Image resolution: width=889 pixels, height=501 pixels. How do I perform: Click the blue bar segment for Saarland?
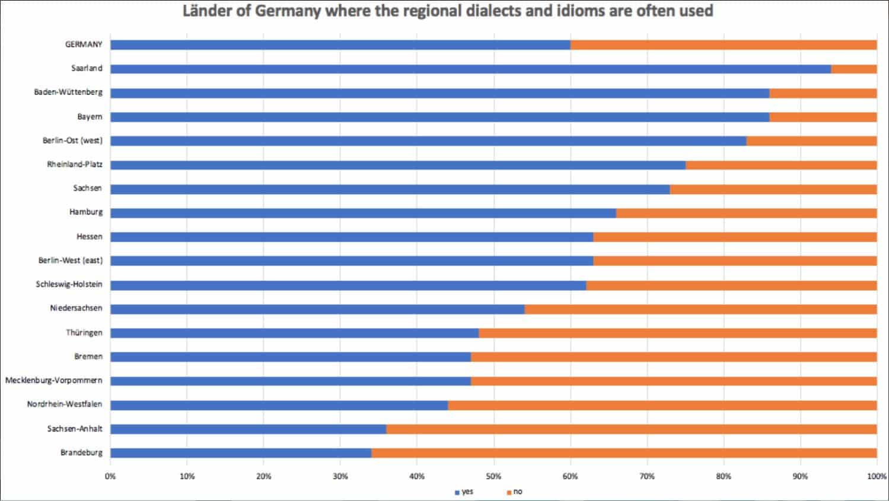pos(470,69)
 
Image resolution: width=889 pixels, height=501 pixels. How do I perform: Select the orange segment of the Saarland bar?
pos(853,69)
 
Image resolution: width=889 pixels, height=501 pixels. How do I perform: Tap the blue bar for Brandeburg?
pos(241,453)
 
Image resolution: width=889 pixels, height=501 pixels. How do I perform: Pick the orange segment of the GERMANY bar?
pos(724,45)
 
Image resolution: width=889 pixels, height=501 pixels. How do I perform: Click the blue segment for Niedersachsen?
pos(317,309)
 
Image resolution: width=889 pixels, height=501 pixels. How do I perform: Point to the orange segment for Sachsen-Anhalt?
pos(631,429)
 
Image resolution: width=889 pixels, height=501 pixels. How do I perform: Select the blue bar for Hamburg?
pos(363,213)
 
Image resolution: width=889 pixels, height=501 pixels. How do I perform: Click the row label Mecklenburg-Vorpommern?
pos(54,380)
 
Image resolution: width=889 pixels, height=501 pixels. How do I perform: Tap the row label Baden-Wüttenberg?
pos(68,93)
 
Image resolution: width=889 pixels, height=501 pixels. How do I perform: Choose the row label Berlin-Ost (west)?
pos(72,141)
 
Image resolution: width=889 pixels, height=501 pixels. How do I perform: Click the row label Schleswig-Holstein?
pos(69,284)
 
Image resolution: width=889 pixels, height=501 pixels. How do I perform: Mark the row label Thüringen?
pos(84,332)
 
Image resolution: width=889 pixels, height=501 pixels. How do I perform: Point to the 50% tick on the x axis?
pos(493,476)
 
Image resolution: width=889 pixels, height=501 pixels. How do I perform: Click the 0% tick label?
pos(110,476)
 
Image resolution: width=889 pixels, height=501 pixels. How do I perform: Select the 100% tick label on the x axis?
pos(876,476)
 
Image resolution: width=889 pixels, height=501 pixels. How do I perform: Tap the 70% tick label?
pos(647,476)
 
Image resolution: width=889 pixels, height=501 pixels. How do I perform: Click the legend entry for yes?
pos(464,492)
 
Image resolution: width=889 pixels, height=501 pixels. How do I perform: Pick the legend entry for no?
pos(515,492)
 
